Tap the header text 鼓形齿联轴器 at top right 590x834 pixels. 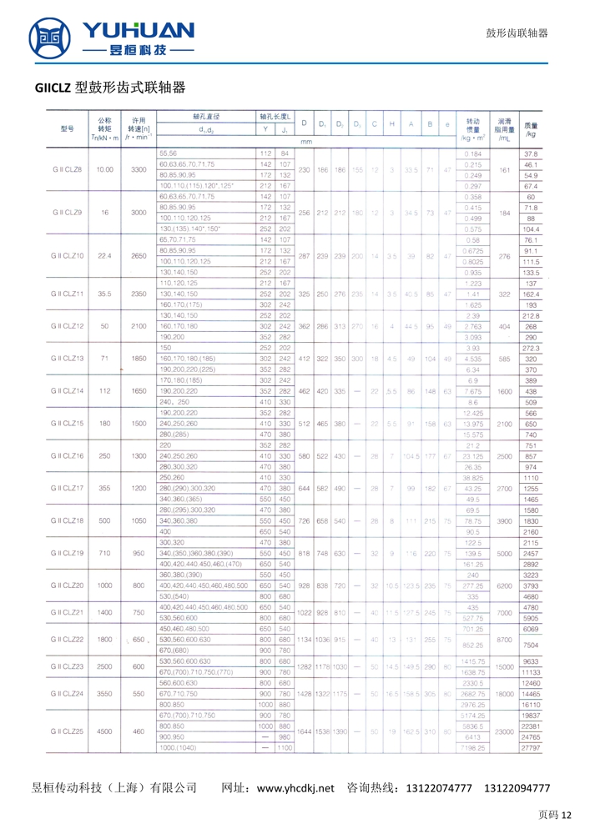coord(517,33)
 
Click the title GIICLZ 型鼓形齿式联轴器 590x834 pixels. coord(109,88)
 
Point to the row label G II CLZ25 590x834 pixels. coord(67,731)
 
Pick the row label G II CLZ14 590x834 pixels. coord(67,390)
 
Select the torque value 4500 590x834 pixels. coord(104,731)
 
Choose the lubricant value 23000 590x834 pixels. coord(503,731)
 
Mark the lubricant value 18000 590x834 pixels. coord(503,693)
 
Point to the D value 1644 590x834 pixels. coord(304,731)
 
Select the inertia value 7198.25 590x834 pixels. coord(473,748)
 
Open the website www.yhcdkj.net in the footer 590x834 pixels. coord(295,787)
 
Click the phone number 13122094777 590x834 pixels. coord(517,787)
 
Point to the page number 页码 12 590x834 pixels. coord(555,815)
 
